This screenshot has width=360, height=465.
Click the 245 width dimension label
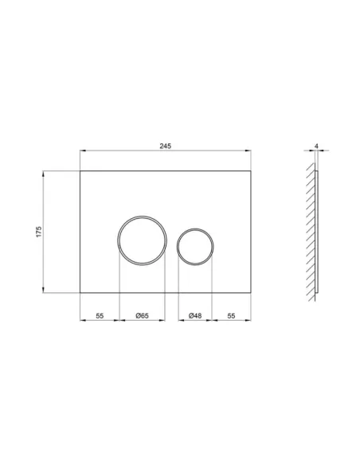pos(166,147)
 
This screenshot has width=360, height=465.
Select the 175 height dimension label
pos(37,232)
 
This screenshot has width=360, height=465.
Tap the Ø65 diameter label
pos(142,316)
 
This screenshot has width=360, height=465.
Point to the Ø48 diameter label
pos(195,316)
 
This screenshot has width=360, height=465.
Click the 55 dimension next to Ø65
pos(100,316)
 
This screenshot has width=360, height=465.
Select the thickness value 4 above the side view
pos(317,147)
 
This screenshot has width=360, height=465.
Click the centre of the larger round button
pos(142,240)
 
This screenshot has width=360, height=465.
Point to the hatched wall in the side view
pos(308,231)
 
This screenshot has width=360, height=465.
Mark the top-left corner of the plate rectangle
pos(80,171)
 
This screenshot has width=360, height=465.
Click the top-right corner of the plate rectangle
pos(251,171)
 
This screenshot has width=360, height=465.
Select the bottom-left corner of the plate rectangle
pos(80,293)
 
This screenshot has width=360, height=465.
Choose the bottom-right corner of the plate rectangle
pos(251,293)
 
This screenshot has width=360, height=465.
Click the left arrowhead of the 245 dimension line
pos(83,153)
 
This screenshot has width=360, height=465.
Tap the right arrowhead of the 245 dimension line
pos(248,153)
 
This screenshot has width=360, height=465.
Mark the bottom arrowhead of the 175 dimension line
pos(44,291)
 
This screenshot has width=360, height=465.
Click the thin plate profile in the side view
pos(316,231)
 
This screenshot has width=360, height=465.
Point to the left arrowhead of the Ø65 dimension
pos(121,322)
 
